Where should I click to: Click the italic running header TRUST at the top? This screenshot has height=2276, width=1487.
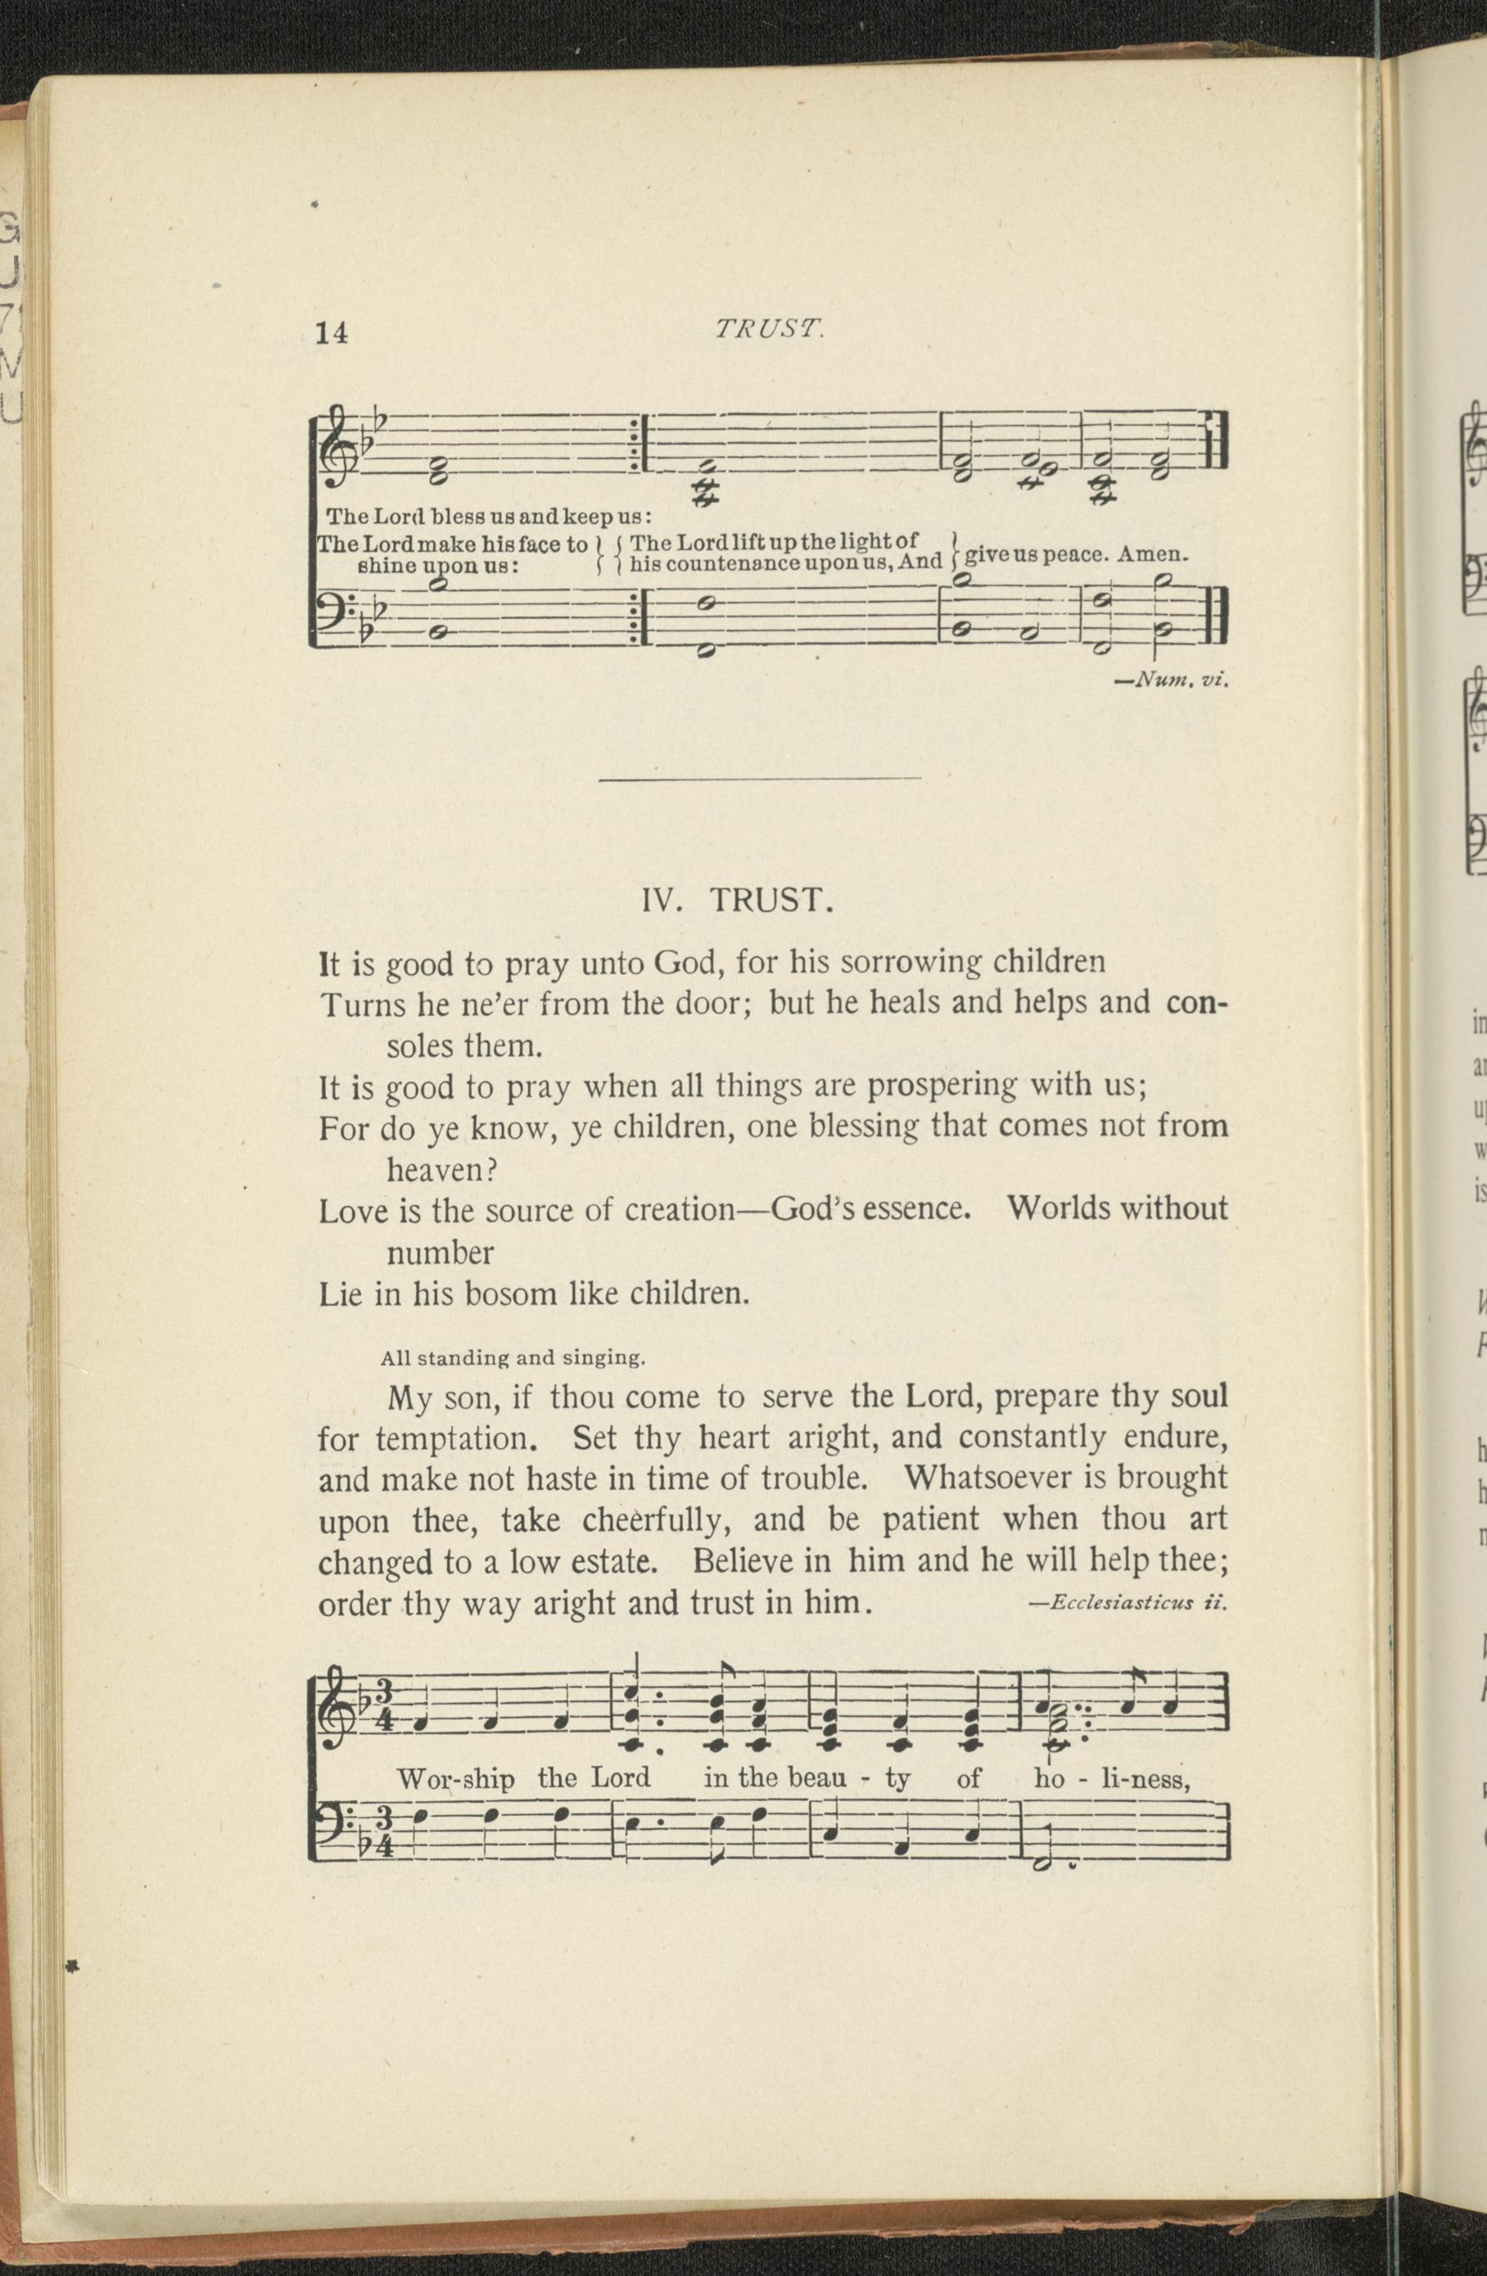click(x=768, y=329)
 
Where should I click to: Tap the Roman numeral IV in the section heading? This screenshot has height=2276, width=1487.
click(x=661, y=901)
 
